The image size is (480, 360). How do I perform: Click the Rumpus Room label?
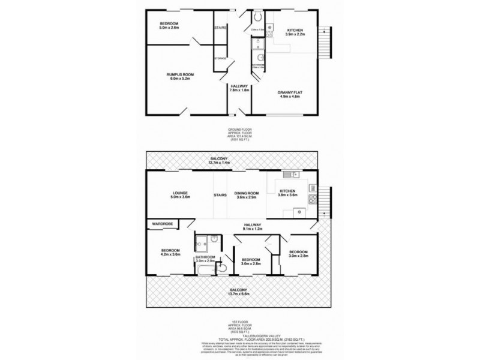(x=179, y=74)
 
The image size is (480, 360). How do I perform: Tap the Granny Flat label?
(x=289, y=92)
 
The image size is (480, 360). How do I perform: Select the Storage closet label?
(x=220, y=58)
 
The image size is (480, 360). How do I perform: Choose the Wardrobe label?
(x=162, y=224)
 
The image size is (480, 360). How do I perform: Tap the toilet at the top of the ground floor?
(x=257, y=16)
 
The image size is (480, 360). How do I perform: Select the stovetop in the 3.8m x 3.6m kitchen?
(x=312, y=200)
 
